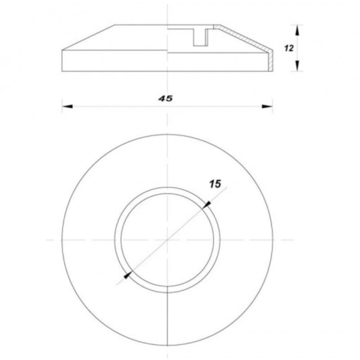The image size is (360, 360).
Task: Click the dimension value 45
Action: pos(165,99)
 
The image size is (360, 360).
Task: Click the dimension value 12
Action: pos(289,48)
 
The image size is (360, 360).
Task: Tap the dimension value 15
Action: pos(215,184)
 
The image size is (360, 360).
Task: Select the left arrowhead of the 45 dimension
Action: pos(67,106)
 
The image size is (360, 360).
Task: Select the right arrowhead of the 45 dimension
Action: pos(267,106)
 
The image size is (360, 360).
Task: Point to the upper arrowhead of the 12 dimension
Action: pos(297,30)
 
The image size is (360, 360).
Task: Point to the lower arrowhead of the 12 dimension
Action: pos(297,66)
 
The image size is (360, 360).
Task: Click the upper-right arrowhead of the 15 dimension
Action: pos(207,205)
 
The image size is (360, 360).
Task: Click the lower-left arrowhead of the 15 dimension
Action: pos(128,275)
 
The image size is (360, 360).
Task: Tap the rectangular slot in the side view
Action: pos(201,37)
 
